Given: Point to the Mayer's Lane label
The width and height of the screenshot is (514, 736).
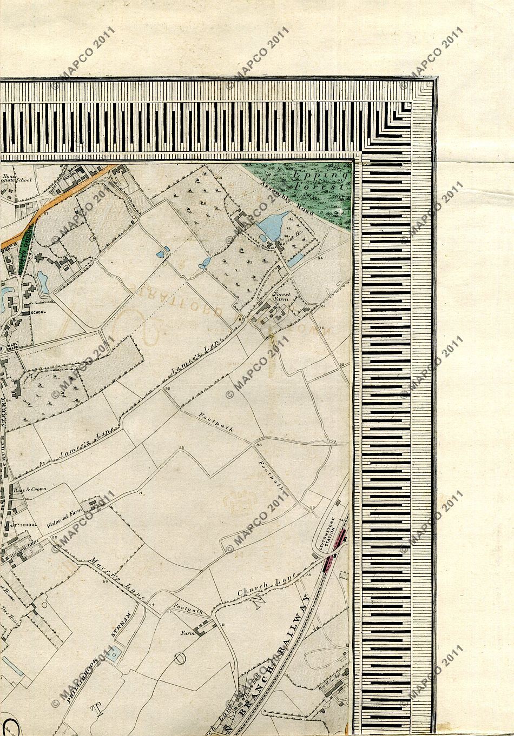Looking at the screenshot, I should pyautogui.click(x=118, y=578).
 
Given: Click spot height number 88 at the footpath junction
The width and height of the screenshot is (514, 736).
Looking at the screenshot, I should pyautogui.click(x=259, y=445).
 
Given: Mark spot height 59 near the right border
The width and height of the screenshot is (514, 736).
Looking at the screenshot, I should pyautogui.click(x=333, y=441).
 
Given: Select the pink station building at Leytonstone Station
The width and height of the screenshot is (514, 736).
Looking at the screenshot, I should pyautogui.click(x=340, y=538).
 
